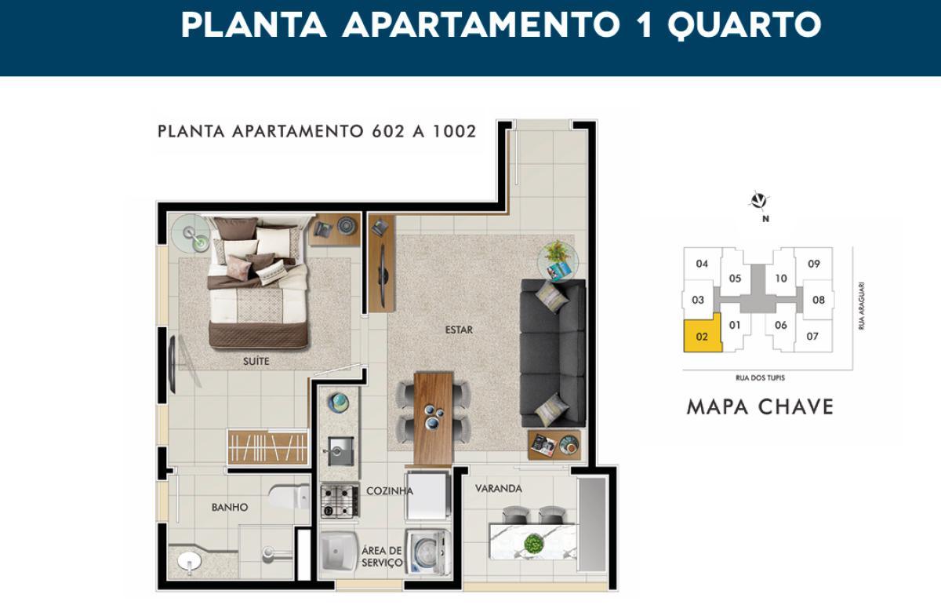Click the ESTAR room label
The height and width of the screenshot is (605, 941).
click(x=459, y=330)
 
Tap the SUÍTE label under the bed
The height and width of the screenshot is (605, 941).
click(x=256, y=361)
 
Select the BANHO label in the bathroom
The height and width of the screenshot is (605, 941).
click(x=230, y=508)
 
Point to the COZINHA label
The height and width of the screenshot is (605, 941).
click(x=390, y=491)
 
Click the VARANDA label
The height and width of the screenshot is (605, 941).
click(x=499, y=489)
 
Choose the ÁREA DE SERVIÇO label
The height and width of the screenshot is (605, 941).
click(x=382, y=556)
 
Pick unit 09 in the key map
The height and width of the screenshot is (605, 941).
click(x=814, y=264)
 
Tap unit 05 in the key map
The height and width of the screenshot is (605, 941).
click(x=735, y=279)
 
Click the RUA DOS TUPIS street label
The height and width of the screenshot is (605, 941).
click(x=761, y=378)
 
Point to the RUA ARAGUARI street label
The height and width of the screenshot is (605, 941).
click(x=862, y=306)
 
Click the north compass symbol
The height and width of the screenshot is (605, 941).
click(x=759, y=201)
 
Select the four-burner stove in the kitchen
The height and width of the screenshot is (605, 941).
click(x=340, y=501)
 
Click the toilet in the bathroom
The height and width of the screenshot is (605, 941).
click(x=289, y=497)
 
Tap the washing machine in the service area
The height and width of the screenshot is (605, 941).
click(x=427, y=552)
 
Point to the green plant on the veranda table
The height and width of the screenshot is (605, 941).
click(x=533, y=544)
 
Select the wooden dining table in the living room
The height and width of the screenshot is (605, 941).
click(x=434, y=418)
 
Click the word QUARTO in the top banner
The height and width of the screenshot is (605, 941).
click(x=744, y=25)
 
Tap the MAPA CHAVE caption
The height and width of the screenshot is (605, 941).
click(x=760, y=407)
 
